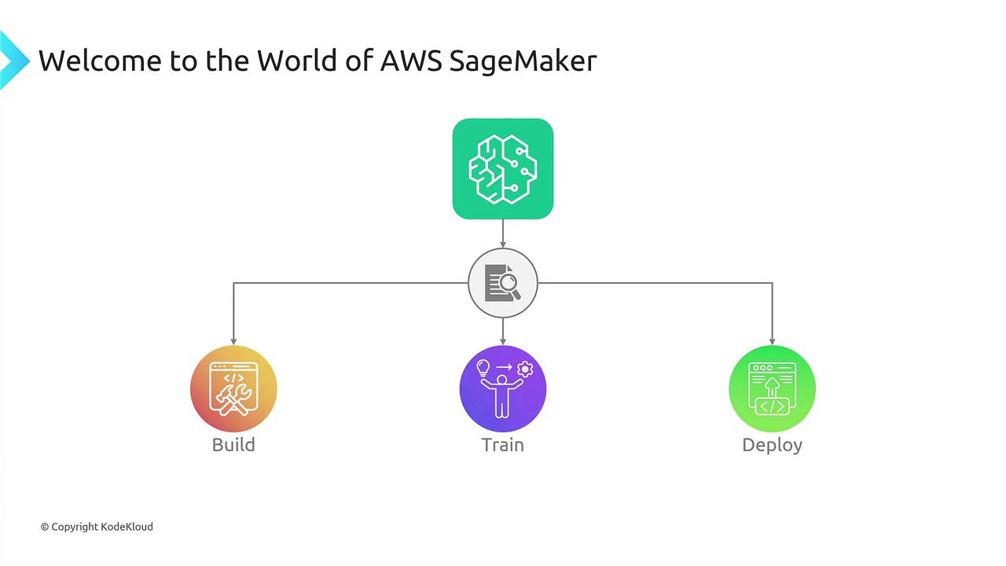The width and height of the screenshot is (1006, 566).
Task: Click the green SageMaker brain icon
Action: [502, 169]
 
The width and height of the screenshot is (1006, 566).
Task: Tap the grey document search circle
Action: [502, 283]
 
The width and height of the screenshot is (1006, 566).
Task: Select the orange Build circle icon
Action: [233, 388]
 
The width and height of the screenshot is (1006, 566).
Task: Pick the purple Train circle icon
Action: [502, 388]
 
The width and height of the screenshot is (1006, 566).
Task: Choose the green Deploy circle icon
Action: [772, 388]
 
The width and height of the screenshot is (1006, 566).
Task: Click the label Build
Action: [233, 445]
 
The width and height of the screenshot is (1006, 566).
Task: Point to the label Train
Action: [502, 445]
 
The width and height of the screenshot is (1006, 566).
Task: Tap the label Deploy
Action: [772, 446]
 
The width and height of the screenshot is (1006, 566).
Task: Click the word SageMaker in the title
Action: [523, 61]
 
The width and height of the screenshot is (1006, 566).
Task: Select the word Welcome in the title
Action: [100, 61]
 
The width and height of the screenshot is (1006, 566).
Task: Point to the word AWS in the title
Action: [411, 61]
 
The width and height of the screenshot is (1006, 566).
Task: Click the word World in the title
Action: [297, 61]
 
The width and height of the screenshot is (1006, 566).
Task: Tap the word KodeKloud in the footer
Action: [127, 527]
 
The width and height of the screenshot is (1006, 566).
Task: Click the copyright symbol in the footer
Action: [45, 527]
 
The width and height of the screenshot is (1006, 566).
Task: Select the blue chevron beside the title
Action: [13, 61]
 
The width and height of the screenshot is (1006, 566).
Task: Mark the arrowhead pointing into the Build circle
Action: [233, 342]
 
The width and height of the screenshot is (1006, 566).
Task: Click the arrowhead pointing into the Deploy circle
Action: [772, 342]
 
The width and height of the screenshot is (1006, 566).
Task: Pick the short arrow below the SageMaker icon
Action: [502, 233]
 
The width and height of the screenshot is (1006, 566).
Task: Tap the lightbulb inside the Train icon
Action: [483, 368]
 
